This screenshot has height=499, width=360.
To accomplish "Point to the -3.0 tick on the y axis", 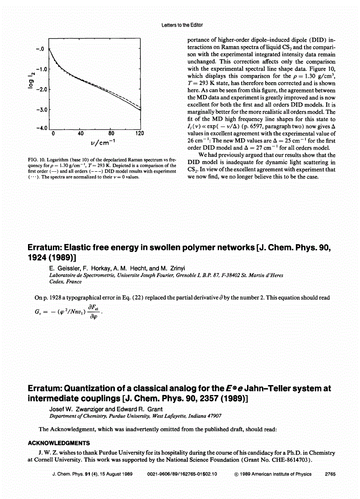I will click(x=42, y=109).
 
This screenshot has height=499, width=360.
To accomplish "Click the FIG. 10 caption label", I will click(x=37, y=160).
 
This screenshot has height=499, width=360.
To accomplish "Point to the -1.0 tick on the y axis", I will click(x=42, y=69).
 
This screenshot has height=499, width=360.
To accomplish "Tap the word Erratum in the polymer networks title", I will click(x=45, y=248).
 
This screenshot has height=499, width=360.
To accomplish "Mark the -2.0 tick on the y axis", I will click(x=42, y=89).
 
